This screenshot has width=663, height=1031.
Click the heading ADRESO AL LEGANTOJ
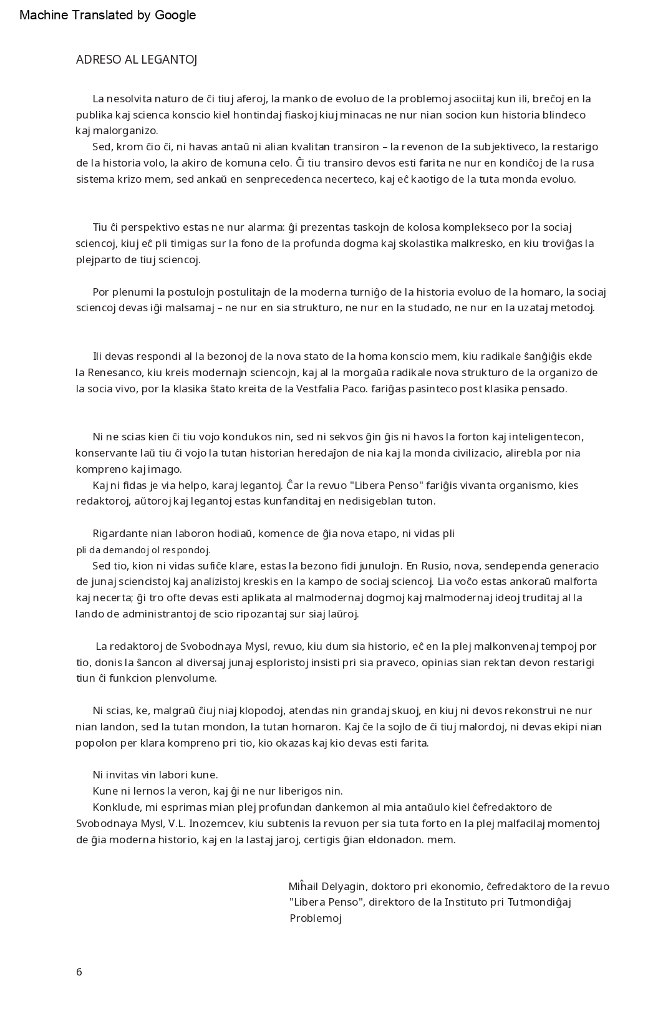(137, 60)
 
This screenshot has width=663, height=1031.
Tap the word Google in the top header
(175, 15)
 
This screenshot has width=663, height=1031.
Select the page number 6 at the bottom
(79, 972)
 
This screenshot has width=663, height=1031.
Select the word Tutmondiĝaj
(540, 902)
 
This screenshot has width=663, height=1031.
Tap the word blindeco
(564, 115)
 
